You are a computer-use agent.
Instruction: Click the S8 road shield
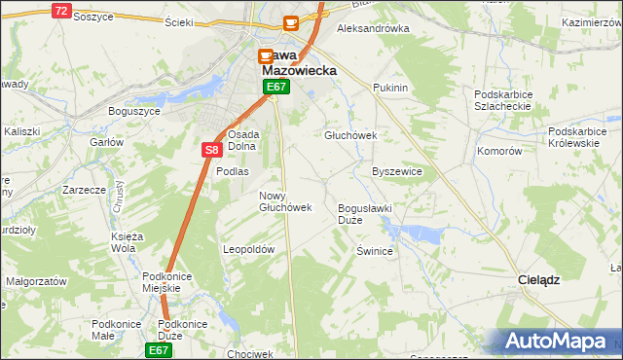point(211,150)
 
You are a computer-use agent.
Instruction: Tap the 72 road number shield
point(61,11)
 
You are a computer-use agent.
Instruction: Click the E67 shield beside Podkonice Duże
point(160,348)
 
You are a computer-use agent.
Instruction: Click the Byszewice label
point(397,171)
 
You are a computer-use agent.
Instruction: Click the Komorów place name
point(499,152)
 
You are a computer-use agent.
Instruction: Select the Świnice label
point(375,251)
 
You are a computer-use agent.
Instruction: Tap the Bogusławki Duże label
point(363,214)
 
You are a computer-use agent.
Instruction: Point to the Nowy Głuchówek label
point(285,201)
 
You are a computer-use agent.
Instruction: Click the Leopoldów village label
point(250,249)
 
